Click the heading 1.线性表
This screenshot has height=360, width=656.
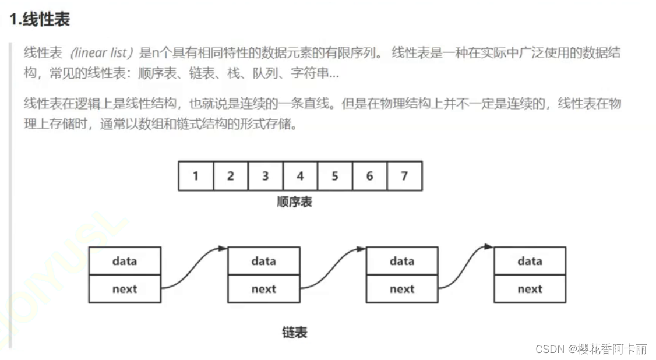(40, 19)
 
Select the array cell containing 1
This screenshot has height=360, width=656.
(195, 176)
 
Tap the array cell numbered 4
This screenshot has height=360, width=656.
(300, 176)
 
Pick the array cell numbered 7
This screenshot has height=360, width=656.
(404, 176)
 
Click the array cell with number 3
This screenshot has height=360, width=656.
(265, 176)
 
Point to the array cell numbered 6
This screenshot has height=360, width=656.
(369, 176)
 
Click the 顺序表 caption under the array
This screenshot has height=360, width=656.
(294, 202)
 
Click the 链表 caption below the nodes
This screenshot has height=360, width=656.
(294, 333)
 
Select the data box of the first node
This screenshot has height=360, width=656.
(124, 261)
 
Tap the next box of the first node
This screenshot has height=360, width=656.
(124, 289)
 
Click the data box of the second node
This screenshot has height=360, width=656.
(263, 261)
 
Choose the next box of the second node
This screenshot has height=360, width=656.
(263, 289)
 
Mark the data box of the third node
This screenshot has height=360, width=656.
(402, 261)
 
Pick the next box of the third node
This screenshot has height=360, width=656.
(402, 289)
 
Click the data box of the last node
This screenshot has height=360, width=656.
(530, 261)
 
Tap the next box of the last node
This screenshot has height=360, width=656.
(530, 289)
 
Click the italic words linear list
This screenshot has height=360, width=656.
(98, 53)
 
